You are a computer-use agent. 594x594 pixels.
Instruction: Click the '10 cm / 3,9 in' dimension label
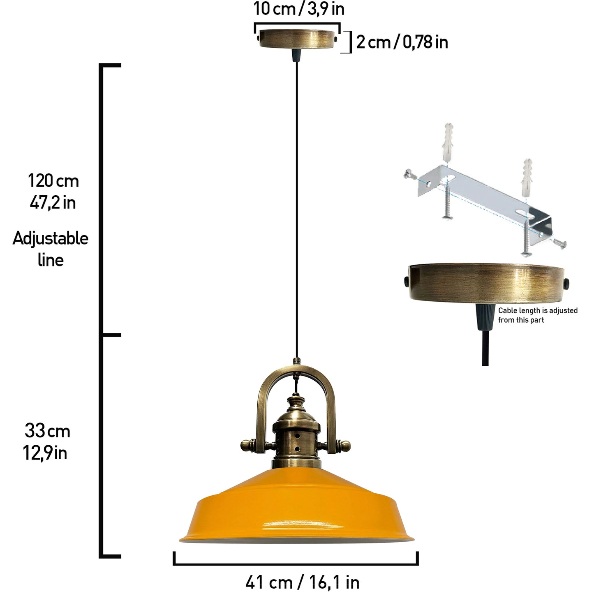(299, 9)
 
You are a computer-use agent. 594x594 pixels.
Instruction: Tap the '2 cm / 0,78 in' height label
(402, 42)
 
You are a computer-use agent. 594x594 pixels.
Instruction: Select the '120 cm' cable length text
(53, 180)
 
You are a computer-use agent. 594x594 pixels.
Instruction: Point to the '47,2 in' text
(53, 203)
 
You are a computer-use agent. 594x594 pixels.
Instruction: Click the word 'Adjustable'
(51, 238)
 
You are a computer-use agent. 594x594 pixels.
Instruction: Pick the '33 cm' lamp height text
(47, 431)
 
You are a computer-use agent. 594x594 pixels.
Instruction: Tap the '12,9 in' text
(45, 453)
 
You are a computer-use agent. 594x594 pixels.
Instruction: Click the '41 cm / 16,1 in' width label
(303, 582)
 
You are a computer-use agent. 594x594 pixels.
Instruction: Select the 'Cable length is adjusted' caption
(538, 310)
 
